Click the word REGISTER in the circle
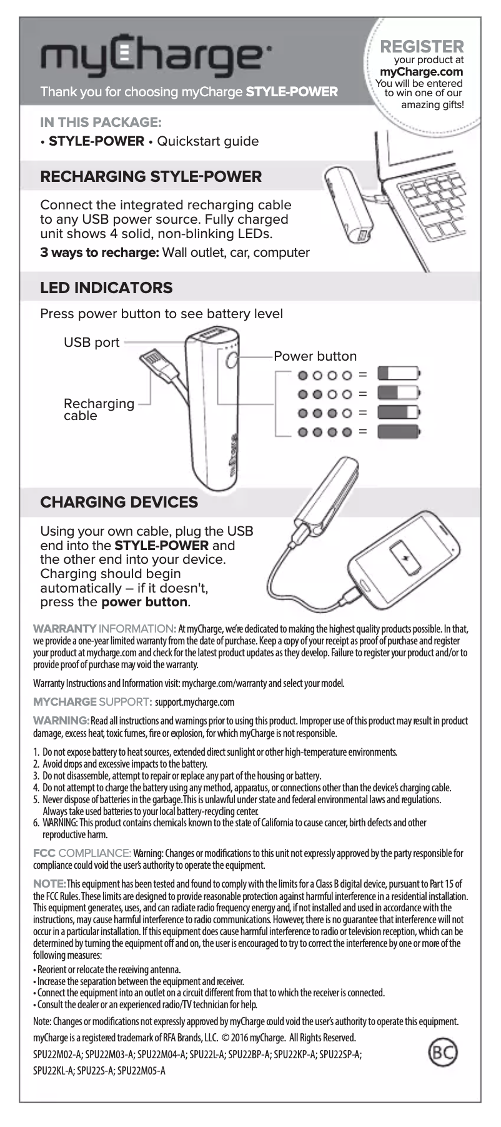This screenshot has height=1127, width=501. click(422, 46)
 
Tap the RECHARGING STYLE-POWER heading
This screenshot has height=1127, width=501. click(151, 176)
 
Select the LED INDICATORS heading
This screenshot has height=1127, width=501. click(106, 288)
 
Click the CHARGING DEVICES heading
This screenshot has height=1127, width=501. click(119, 502)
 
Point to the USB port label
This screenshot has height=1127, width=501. click(91, 343)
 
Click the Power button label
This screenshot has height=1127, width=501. click(315, 356)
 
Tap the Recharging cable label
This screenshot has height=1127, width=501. click(98, 409)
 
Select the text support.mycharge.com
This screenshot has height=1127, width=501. click(195, 702)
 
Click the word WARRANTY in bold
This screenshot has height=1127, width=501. click(64, 628)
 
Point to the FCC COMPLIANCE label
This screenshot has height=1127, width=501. click(82, 853)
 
